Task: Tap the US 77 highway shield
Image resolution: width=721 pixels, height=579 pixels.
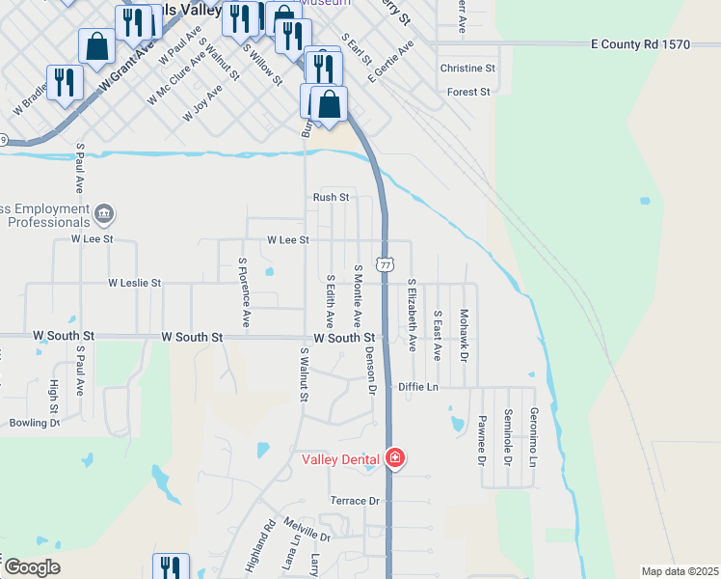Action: pos(386,263)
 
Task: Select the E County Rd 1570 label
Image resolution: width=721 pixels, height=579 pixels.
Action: pos(640,45)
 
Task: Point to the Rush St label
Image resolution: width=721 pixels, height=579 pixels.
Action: pos(330,197)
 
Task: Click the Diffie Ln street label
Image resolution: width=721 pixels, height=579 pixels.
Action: pos(418,387)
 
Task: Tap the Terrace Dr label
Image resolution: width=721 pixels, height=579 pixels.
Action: pos(356,501)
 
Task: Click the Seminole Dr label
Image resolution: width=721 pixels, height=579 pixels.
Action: pos(507,437)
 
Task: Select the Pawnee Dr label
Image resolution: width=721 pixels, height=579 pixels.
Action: pos(481,439)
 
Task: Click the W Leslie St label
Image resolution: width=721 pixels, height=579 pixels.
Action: pos(135,284)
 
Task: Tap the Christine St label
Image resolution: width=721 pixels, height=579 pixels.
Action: pos(467,69)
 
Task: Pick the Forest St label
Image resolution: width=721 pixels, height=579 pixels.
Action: pos(469,92)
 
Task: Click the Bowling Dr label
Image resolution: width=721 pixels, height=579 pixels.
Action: pos(35,423)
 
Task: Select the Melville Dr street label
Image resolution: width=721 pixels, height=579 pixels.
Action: pos(307,536)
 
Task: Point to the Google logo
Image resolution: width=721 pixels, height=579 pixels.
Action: pos(32,566)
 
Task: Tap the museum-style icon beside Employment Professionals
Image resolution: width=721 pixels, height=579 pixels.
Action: pos(104,212)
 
